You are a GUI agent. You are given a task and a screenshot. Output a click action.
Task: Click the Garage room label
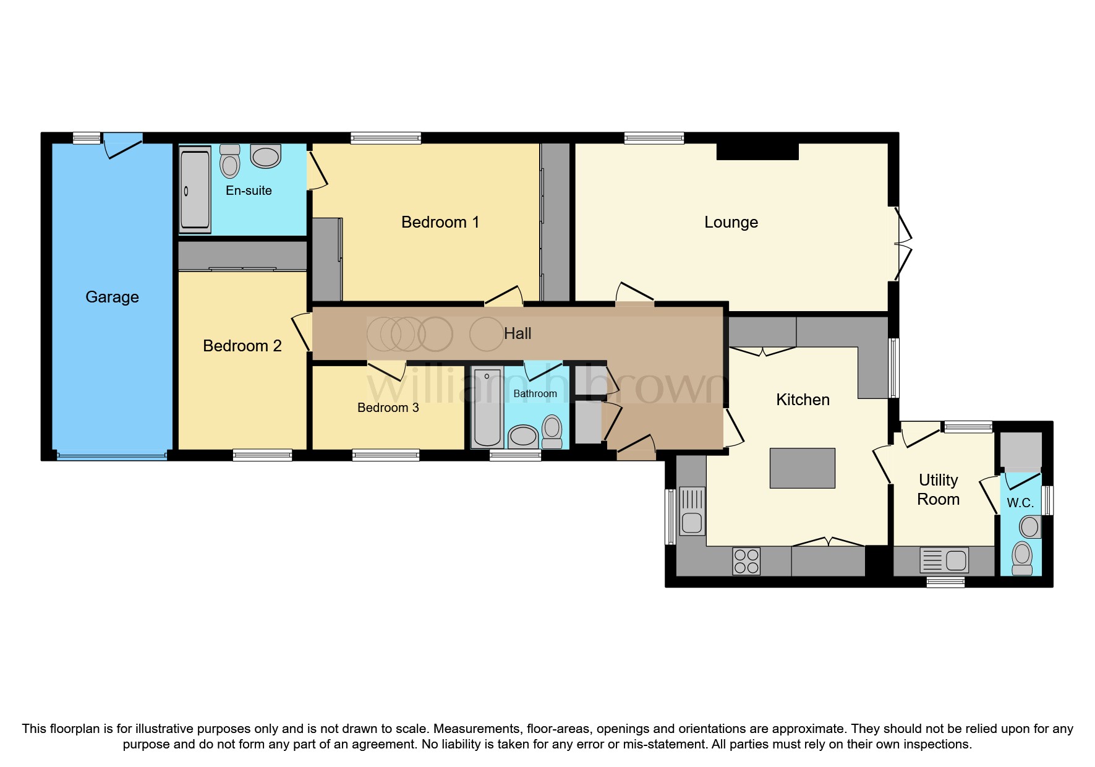click(x=112, y=297)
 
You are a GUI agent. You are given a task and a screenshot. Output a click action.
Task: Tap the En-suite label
click(x=249, y=191)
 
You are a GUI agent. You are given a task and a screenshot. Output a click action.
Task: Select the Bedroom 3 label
click(x=388, y=408)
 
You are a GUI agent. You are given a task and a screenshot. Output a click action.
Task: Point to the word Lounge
click(x=731, y=222)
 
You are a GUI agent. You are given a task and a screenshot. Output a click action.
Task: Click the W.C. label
click(x=1020, y=503)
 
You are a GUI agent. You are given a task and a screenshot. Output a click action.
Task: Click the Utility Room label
click(x=938, y=489)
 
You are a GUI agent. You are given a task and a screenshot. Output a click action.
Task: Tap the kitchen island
click(x=802, y=468)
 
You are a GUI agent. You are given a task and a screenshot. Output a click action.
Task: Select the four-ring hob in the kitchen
click(x=746, y=561)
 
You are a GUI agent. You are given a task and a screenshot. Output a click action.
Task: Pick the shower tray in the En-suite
click(x=195, y=189)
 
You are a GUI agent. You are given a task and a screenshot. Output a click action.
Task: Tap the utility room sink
click(x=944, y=561)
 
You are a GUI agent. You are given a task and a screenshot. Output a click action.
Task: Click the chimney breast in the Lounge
click(x=757, y=152)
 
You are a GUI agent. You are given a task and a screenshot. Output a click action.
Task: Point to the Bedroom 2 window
click(x=262, y=456)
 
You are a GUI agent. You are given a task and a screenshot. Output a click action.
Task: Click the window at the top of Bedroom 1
click(x=386, y=138)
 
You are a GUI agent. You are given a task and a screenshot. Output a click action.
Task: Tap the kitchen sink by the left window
click(x=692, y=511)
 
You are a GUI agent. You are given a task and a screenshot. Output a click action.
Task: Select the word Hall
click(x=517, y=334)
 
